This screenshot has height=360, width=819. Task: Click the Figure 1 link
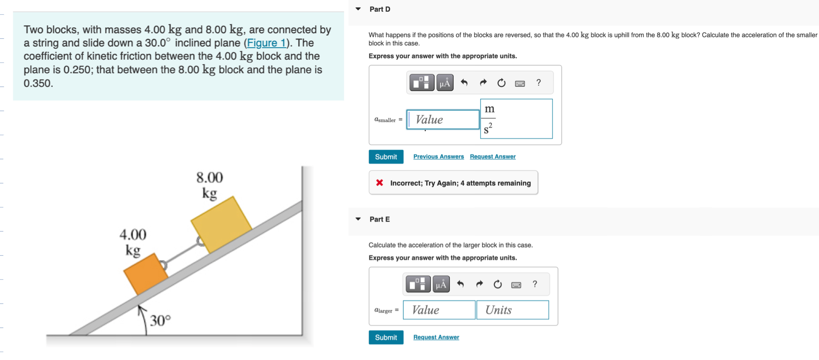pyautogui.click(x=266, y=43)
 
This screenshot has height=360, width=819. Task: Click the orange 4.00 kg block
pyautogui.click(x=145, y=274)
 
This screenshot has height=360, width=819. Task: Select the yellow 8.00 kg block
pyautogui.click(x=221, y=224)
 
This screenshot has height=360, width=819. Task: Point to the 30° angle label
pyautogui.click(x=160, y=321)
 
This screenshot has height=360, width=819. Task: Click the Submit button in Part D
pyautogui.click(x=386, y=157)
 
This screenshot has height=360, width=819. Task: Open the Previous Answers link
pyautogui.click(x=438, y=157)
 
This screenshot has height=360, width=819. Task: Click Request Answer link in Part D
pyautogui.click(x=492, y=157)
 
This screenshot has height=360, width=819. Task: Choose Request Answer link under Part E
pyautogui.click(x=436, y=337)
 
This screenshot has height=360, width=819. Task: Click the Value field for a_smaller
pyautogui.click(x=443, y=120)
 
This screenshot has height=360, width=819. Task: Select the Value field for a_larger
pyautogui.click(x=439, y=310)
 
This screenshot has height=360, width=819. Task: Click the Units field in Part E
pyautogui.click(x=512, y=310)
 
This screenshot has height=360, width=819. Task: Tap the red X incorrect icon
pyautogui.click(x=379, y=183)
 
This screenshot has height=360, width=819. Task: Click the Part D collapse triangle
pyautogui.click(x=358, y=9)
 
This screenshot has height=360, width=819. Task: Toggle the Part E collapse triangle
pyautogui.click(x=358, y=219)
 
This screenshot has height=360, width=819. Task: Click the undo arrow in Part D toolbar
pyautogui.click(x=464, y=83)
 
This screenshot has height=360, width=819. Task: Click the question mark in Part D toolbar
pyautogui.click(x=538, y=83)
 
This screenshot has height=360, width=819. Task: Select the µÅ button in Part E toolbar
pyautogui.click(x=441, y=284)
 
